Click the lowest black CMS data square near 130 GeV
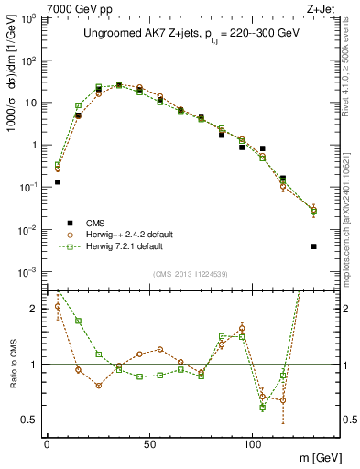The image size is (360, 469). (313, 246)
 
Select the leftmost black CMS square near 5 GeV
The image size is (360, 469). (57, 181)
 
